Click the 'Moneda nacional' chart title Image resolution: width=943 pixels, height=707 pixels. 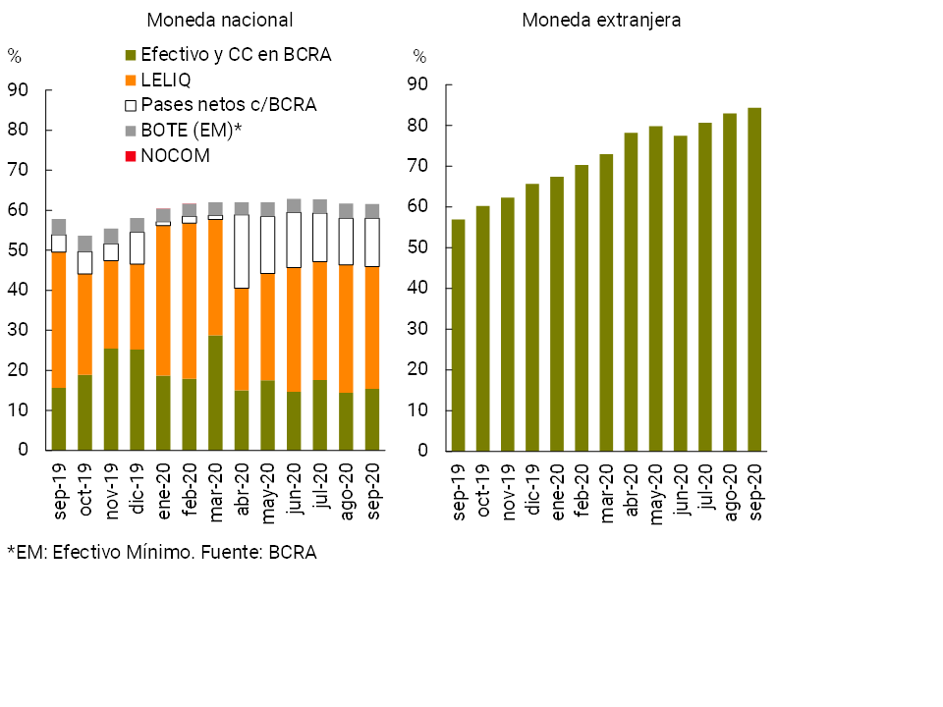click(x=219, y=20)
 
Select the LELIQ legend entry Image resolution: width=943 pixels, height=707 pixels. click(x=166, y=80)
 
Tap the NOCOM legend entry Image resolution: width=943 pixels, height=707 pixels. click(x=175, y=155)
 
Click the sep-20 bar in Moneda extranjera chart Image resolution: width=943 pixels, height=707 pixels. click(x=754, y=280)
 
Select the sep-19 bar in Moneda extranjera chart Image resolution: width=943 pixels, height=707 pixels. click(x=459, y=335)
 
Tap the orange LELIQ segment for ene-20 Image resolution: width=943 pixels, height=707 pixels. click(x=163, y=300)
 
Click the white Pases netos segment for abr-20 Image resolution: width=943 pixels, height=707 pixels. click(x=242, y=251)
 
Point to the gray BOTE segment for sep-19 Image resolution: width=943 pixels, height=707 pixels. click(x=59, y=227)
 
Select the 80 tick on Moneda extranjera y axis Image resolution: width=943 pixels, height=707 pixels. click(x=419, y=126)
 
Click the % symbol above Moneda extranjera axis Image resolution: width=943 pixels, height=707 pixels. click(x=419, y=56)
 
